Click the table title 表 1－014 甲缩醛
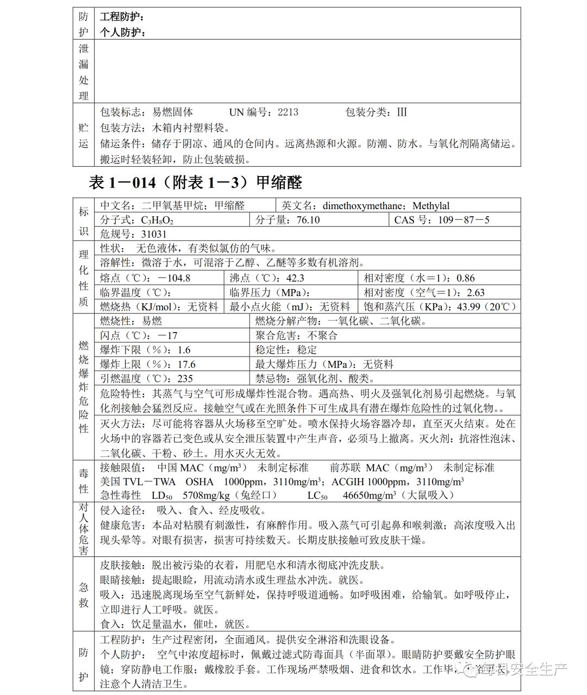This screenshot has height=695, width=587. pos(195,183)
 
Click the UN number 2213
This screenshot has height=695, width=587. pos(288,112)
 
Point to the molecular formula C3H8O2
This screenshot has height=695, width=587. pos(157,220)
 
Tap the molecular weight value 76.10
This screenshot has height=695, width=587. pos(308,220)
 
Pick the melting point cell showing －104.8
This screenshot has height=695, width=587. pos(174,278)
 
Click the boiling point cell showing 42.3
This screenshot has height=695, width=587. pos(295,278)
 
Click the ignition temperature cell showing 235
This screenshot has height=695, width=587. pos(185,379)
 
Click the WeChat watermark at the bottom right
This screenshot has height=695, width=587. pos(521,668)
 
